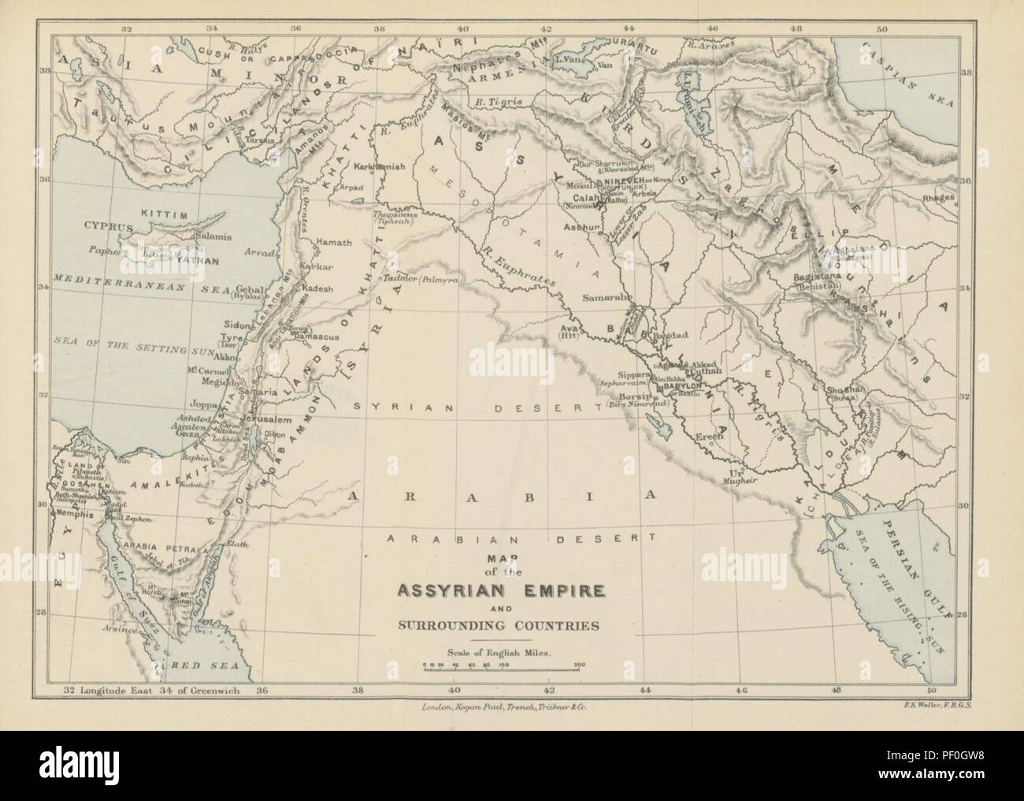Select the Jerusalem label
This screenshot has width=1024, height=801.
click(x=267, y=419)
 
